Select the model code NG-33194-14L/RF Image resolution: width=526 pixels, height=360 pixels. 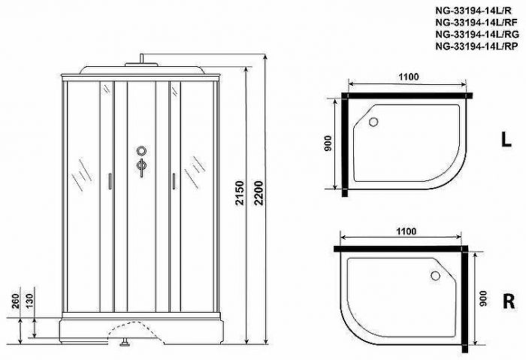click(479, 22)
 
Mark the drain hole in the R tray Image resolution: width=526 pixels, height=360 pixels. click(434, 275)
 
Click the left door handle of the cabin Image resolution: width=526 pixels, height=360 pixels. click(110, 181)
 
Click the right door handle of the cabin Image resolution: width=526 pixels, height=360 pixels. click(173, 181)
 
